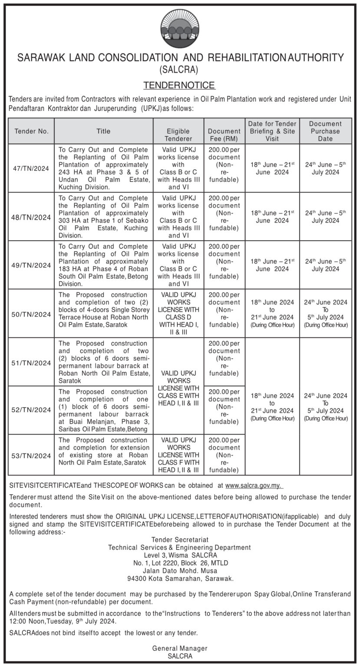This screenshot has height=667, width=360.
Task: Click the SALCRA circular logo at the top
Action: [x=179, y=29]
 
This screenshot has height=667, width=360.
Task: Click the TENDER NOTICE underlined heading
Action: [x=179, y=85]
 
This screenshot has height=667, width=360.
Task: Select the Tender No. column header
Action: [x=31, y=131]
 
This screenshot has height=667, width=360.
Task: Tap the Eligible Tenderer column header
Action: [x=178, y=135]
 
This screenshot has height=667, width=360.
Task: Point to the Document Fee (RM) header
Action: [x=224, y=135]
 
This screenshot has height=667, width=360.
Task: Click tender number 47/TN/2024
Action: [x=31, y=168]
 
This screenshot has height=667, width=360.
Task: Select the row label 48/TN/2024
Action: [x=31, y=217]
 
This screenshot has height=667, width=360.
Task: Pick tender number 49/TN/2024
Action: [x=31, y=265]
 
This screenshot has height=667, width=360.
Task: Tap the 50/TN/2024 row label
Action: [x=31, y=314]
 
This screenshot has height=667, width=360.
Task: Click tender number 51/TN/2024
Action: [x=31, y=363]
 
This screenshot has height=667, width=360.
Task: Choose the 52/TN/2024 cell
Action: [x=31, y=410]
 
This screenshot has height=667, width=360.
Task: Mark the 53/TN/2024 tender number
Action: [x=31, y=456]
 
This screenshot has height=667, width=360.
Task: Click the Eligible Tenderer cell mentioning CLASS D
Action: [x=178, y=314]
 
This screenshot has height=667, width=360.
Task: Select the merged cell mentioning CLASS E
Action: [x=178, y=388]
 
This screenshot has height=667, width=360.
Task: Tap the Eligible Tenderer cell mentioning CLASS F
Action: [x=178, y=455]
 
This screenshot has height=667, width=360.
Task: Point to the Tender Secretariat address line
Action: [x=179, y=539]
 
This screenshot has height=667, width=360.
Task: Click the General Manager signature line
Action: [x=179, y=648]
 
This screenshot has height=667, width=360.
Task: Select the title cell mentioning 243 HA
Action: [x=103, y=168]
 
